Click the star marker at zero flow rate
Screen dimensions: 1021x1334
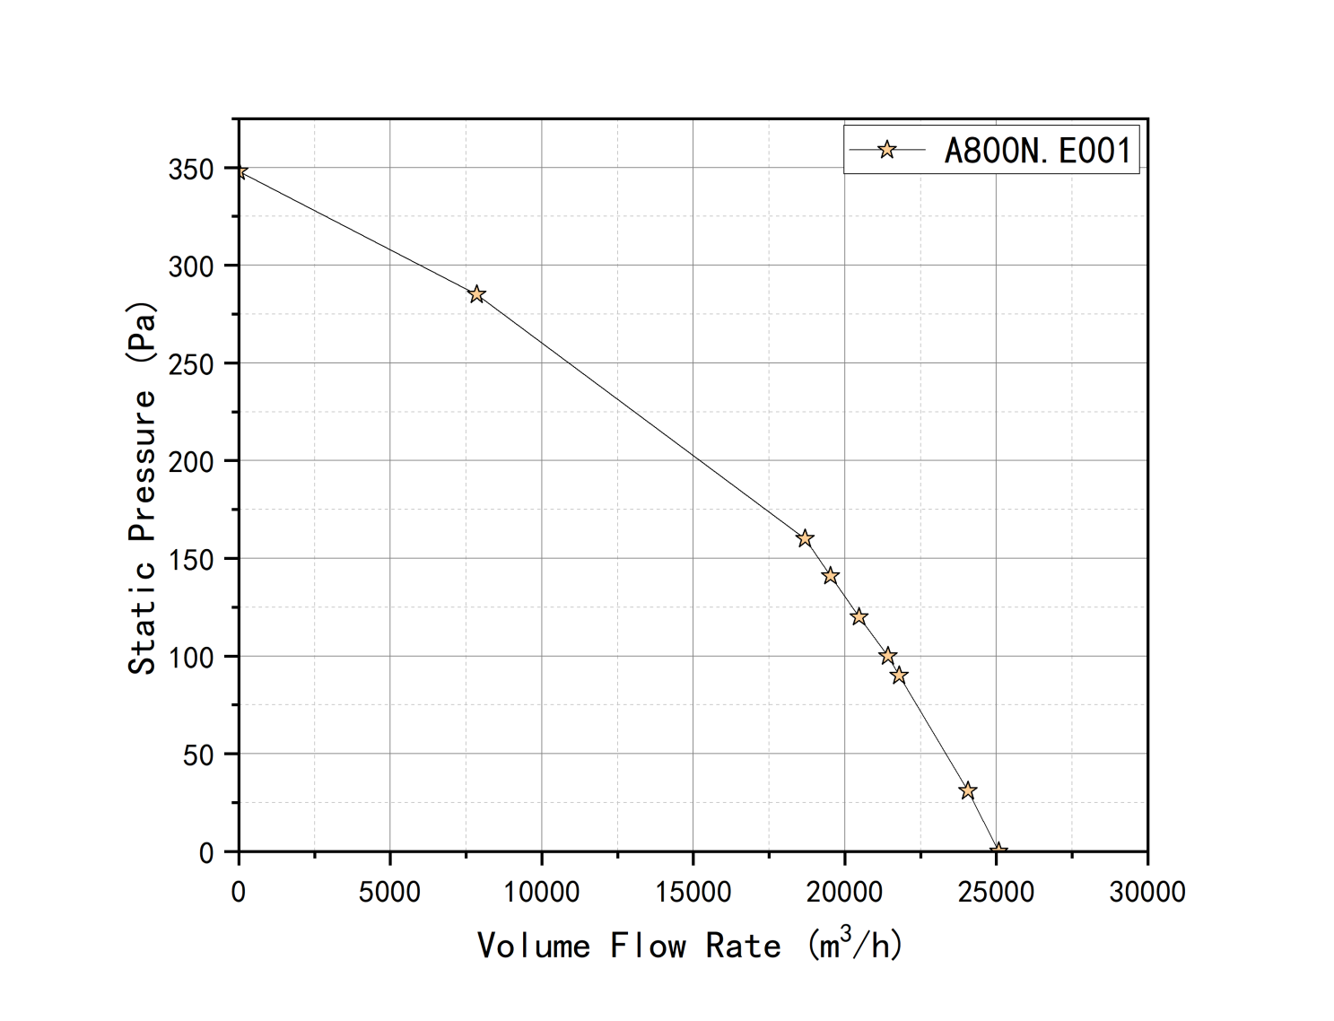(239, 171)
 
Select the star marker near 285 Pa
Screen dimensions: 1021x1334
(476, 294)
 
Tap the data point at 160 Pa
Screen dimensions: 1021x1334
(805, 538)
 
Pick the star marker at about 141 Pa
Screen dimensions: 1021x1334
(830, 576)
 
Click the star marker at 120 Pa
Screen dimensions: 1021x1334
(859, 616)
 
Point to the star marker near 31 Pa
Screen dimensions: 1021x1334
(967, 790)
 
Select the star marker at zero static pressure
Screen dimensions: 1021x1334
(998, 851)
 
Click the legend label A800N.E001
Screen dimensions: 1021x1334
(1037, 150)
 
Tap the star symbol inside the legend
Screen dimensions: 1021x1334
(886, 150)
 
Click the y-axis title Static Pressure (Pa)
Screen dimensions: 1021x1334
(143, 488)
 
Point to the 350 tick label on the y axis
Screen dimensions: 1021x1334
(190, 169)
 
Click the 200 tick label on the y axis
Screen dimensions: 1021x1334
(190, 461)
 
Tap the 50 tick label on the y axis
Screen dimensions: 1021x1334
(198, 755)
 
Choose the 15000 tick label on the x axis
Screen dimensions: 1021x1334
(693, 892)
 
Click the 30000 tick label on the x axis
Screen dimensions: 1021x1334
(1147, 892)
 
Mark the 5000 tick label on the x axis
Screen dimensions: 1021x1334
(389, 892)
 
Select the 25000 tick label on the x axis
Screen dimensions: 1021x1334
(996, 892)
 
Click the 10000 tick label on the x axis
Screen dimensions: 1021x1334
(541, 892)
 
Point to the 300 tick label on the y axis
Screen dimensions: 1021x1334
(190, 266)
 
